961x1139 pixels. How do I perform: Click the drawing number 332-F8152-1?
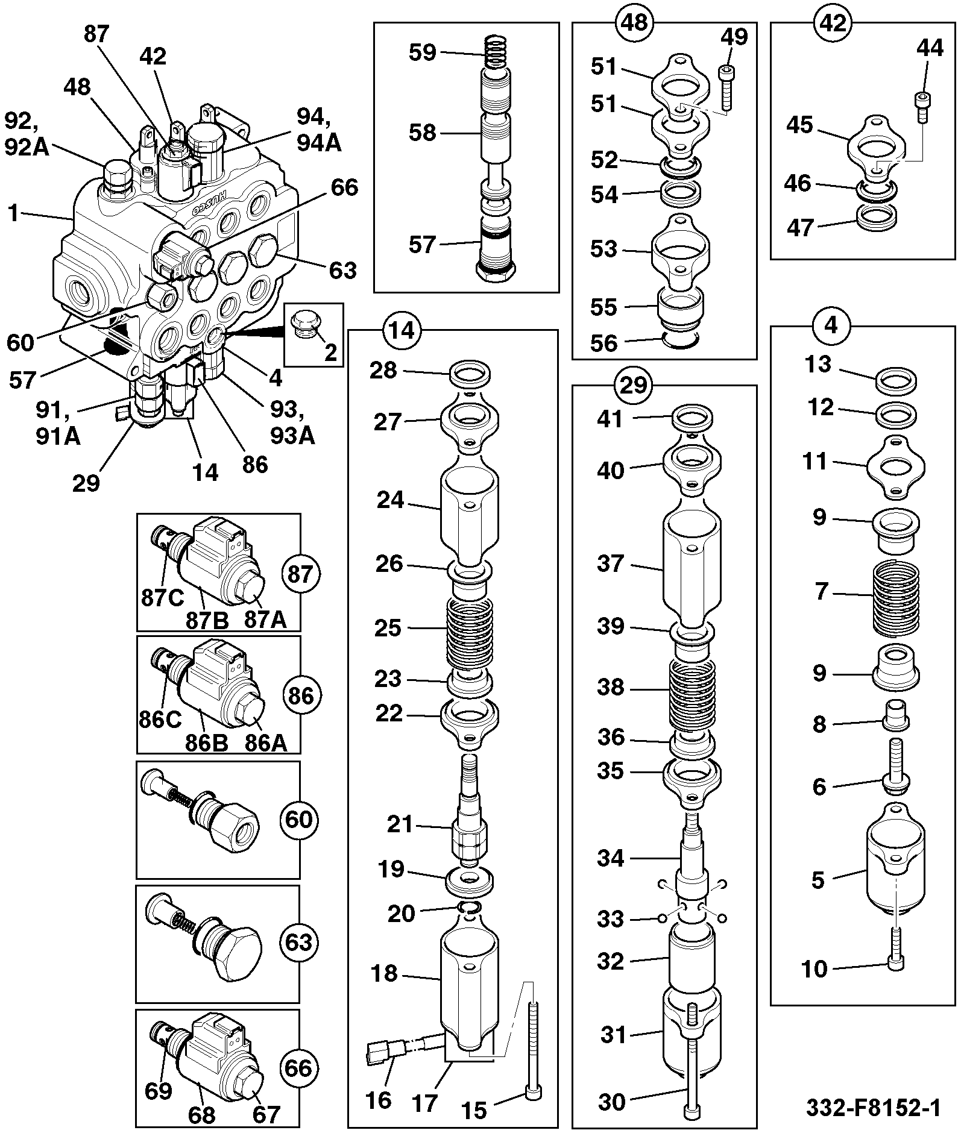click(873, 1108)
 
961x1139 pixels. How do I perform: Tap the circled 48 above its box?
click(634, 22)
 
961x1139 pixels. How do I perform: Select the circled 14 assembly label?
click(402, 330)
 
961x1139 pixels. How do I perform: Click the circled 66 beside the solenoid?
click(299, 1068)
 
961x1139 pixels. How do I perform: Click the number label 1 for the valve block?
click(13, 213)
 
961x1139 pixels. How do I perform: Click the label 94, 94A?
click(319, 129)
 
